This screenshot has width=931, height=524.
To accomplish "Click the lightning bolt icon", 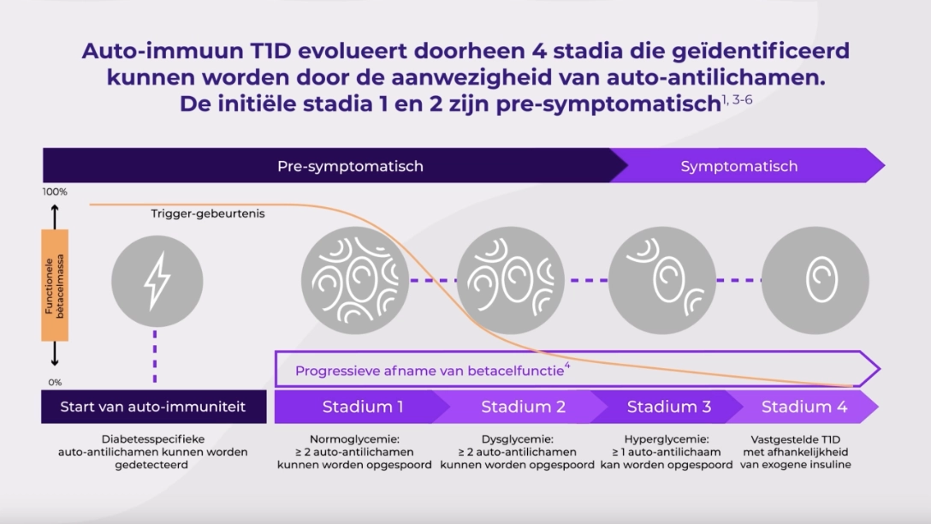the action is [157, 281].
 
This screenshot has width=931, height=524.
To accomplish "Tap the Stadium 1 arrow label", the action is [363, 407].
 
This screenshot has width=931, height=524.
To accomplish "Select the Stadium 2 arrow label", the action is [523, 407].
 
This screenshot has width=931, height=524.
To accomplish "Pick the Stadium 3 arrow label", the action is [669, 407].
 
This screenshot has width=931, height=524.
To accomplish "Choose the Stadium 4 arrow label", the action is [804, 407].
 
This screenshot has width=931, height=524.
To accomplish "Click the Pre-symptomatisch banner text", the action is [350, 166].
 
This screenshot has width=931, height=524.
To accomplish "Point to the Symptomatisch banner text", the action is [739, 166].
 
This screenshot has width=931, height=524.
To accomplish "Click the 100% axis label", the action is [55, 192].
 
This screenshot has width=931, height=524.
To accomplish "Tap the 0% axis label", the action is [55, 383].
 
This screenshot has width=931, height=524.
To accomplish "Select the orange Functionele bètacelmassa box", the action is [55, 285].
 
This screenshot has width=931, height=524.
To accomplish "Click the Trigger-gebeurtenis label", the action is [208, 213].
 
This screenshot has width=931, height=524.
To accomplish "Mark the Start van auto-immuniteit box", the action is [154, 407].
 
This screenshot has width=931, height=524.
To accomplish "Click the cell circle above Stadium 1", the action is [355, 281].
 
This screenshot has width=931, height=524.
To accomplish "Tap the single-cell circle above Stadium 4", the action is [815, 281].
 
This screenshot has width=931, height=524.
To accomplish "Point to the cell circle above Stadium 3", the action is [662, 281].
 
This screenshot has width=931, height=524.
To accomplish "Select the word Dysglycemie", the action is [515, 439].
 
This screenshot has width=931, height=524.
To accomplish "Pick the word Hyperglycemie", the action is [664, 439].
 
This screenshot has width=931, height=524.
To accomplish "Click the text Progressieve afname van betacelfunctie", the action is [430, 372].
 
